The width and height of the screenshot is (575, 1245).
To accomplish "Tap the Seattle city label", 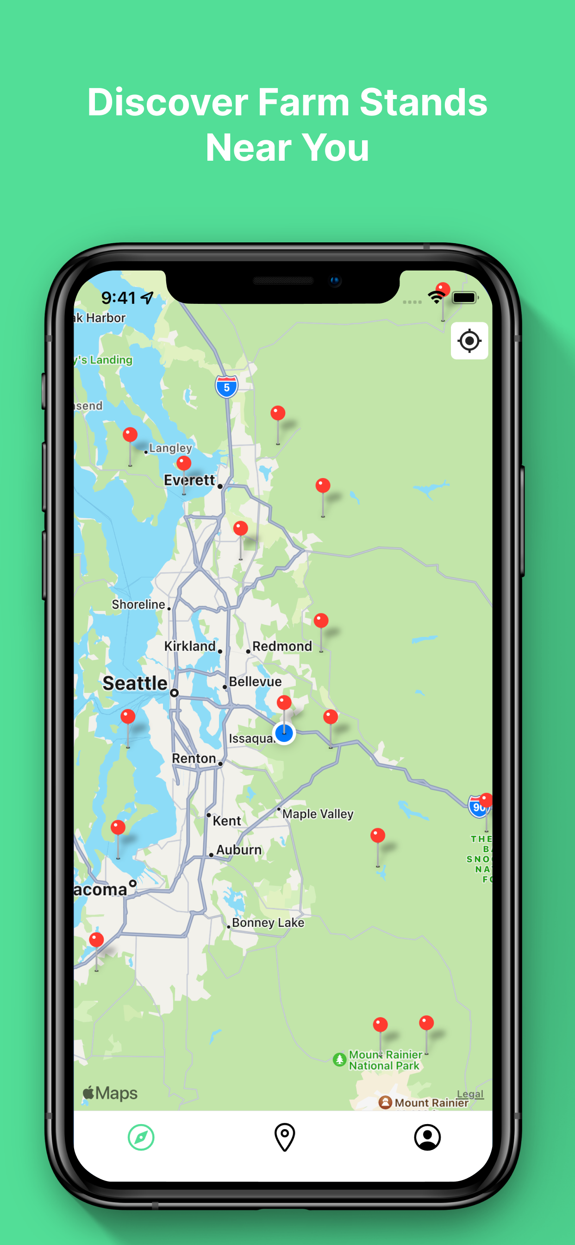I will tap(135, 683).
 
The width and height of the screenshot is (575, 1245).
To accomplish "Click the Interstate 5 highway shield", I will tap(226, 387).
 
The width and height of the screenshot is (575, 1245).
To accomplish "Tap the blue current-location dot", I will tap(284, 734).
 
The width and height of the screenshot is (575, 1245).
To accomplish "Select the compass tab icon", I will tap(141, 1137).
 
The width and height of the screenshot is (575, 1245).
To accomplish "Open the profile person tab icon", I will tap(427, 1137).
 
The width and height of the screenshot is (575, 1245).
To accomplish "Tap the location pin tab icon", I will tap(285, 1137).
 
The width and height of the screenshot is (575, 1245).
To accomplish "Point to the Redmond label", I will tap(282, 646).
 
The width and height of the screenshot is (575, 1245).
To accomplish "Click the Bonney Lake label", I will tap(268, 923).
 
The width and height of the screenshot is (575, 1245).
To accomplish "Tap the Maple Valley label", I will tap(318, 814).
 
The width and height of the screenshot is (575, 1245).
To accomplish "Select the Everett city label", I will tap(189, 480).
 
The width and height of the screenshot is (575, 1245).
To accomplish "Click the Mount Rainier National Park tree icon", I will tap(340, 1060).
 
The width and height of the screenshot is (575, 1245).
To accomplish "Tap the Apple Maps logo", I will tap(110, 1093).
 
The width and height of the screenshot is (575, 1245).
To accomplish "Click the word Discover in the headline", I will tap(168, 102).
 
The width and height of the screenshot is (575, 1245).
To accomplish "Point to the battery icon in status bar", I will tap(465, 298).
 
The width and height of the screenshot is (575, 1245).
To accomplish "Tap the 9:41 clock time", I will tap(119, 298).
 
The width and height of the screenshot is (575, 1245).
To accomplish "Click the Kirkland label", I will tap(190, 646).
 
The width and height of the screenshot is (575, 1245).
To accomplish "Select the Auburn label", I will tap(239, 849).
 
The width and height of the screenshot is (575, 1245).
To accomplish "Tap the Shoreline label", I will tap(139, 604).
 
